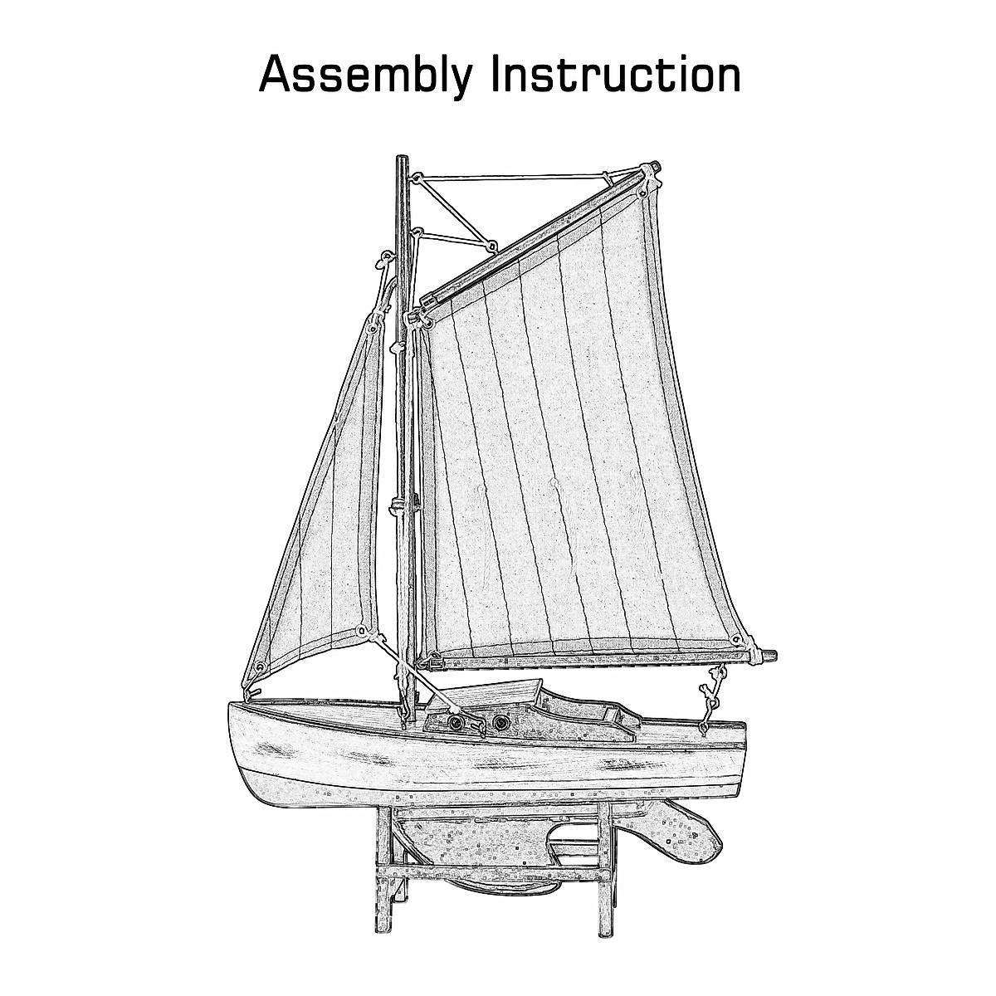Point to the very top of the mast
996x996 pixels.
point(402,158)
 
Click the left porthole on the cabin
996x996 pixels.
point(456,724)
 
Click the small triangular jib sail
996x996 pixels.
point(324,515)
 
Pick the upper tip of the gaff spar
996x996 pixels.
point(655,169)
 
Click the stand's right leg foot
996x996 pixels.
point(604,930)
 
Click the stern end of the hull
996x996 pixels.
point(743,730)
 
